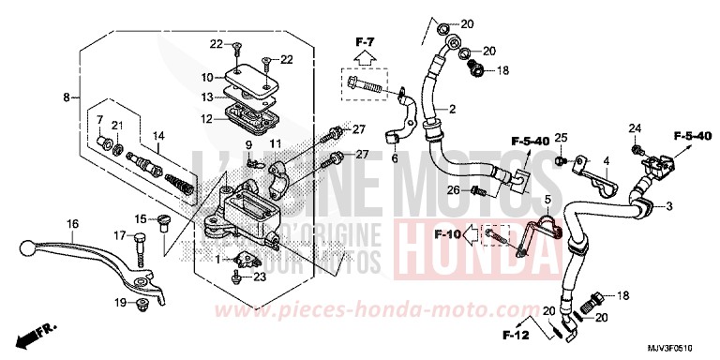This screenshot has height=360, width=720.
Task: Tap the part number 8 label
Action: pos(67,97)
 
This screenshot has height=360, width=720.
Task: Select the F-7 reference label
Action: pos(365,42)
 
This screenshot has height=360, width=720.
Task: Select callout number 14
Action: pos(157,135)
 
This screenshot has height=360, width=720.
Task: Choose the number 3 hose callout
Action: pos(670,205)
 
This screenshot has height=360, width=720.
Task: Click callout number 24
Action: pos(635,127)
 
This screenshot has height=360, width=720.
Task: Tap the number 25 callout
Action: pos(561,138)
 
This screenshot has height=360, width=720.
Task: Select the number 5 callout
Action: pos(547,200)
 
